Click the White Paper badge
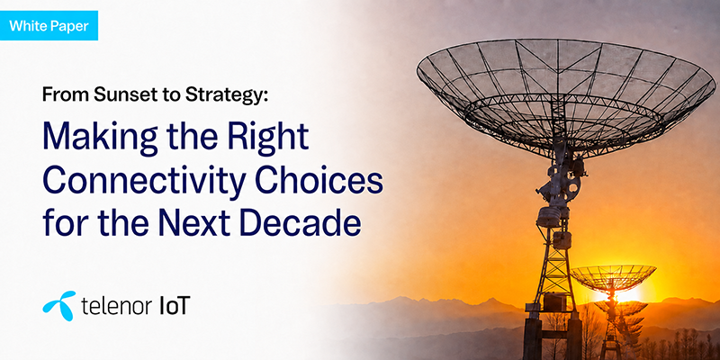49,25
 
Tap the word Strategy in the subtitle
227,95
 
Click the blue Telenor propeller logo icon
59,305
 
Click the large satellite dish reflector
566,96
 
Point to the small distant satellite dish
613,278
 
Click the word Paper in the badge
70,26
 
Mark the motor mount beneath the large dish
559,184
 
